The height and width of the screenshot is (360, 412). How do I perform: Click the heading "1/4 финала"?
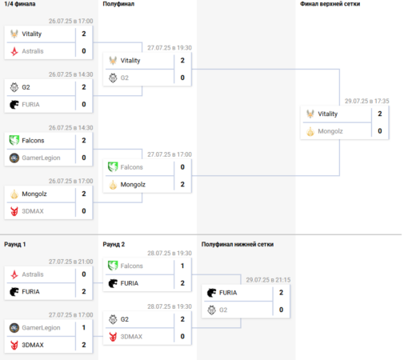tap(20, 4)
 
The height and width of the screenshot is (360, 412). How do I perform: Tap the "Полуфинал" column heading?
tap(118, 4)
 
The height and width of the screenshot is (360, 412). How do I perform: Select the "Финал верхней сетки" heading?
tap(330, 4)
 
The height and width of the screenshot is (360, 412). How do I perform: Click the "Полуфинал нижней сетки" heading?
tap(238, 244)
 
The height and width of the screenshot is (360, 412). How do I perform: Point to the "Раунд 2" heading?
tap(114, 244)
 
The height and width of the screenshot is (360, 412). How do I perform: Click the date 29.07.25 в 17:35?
tap(366, 101)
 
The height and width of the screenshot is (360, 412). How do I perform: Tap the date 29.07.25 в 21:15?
tap(268, 280)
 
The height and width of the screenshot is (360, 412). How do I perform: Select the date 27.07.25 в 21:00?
tap(70, 262)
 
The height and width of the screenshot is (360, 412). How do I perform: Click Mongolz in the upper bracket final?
tap(330, 131)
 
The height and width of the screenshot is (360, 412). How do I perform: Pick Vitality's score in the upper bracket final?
tap(380, 114)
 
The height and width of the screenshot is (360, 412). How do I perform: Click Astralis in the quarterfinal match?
tap(33, 51)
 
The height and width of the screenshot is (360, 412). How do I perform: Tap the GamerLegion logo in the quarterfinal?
tap(14, 158)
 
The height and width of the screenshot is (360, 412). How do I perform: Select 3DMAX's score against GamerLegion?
tap(84, 345)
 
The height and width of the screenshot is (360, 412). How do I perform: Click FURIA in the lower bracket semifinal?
tap(228, 293)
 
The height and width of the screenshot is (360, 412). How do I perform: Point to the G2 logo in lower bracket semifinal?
tap(211, 310)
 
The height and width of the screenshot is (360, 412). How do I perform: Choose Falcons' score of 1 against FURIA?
tap(182, 266)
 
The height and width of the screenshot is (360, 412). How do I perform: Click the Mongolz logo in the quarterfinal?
tap(14, 194)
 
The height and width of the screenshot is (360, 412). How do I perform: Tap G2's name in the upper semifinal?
tap(124, 78)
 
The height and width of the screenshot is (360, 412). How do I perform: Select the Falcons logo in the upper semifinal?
tap(113, 167)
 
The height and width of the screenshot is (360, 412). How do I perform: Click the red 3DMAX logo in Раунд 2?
tap(113, 337)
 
